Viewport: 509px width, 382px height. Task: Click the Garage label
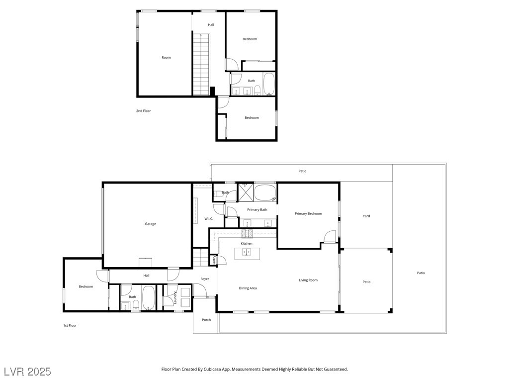click(150, 224)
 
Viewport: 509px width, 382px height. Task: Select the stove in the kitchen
click(247, 233)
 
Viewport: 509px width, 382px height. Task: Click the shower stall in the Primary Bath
click(245, 191)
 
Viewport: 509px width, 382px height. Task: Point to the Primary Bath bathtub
click(265, 192)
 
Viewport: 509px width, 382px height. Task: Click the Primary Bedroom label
click(308, 214)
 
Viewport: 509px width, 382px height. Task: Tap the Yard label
click(366, 216)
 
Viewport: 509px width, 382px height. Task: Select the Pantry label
click(214, 259)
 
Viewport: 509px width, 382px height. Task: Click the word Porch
click(206, 320)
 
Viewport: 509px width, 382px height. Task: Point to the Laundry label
click(175, 297)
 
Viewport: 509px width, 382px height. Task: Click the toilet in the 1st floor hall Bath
click(136, 304)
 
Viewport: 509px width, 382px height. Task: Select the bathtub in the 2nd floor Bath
click(269, 84)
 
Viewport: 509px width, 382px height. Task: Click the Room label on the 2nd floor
click(166, 58)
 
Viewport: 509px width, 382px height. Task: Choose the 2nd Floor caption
click(143, 111)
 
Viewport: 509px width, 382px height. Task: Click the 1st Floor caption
click(69, 325)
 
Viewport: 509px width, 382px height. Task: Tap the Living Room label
click(308, 280)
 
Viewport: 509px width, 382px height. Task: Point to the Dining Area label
click(248, 288)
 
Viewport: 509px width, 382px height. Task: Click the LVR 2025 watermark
click(27, 372)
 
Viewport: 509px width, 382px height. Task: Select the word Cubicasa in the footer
click(213, 370)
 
